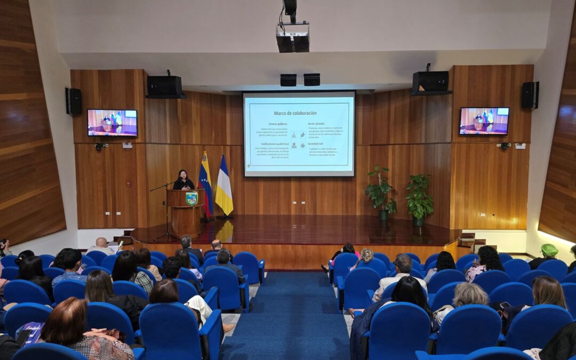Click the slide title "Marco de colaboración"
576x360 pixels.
pyautogui.click(x=295, y=113)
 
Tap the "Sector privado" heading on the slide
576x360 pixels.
pyautogui.click(x=316, y=124)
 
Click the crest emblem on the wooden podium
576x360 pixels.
pyautogui.click(x=191, y=198)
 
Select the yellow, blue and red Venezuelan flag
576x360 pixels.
pyautogui.click(x=205, y=184)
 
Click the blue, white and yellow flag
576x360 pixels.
pyautogui.click(x=224, y=187)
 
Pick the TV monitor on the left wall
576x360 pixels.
pyautogui.click(x=112, y=123)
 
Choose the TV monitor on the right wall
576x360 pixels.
pyautogui.click(x=484, y=121)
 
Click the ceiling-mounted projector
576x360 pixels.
pyautogui.click(x=293, y=37)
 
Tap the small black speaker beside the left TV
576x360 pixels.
pyautogui.click(x=74, y=101)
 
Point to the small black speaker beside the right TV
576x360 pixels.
pyautogui.click(x=530, y=95)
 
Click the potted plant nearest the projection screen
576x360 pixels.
pyautogui.click(x=380, y=192)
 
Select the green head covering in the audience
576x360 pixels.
pyautogui.click(x=549, y=250)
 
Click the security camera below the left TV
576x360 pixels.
pyautogui.click(x=99, y=146)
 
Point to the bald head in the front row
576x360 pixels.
pyautogui.click(x=101, y=242)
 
